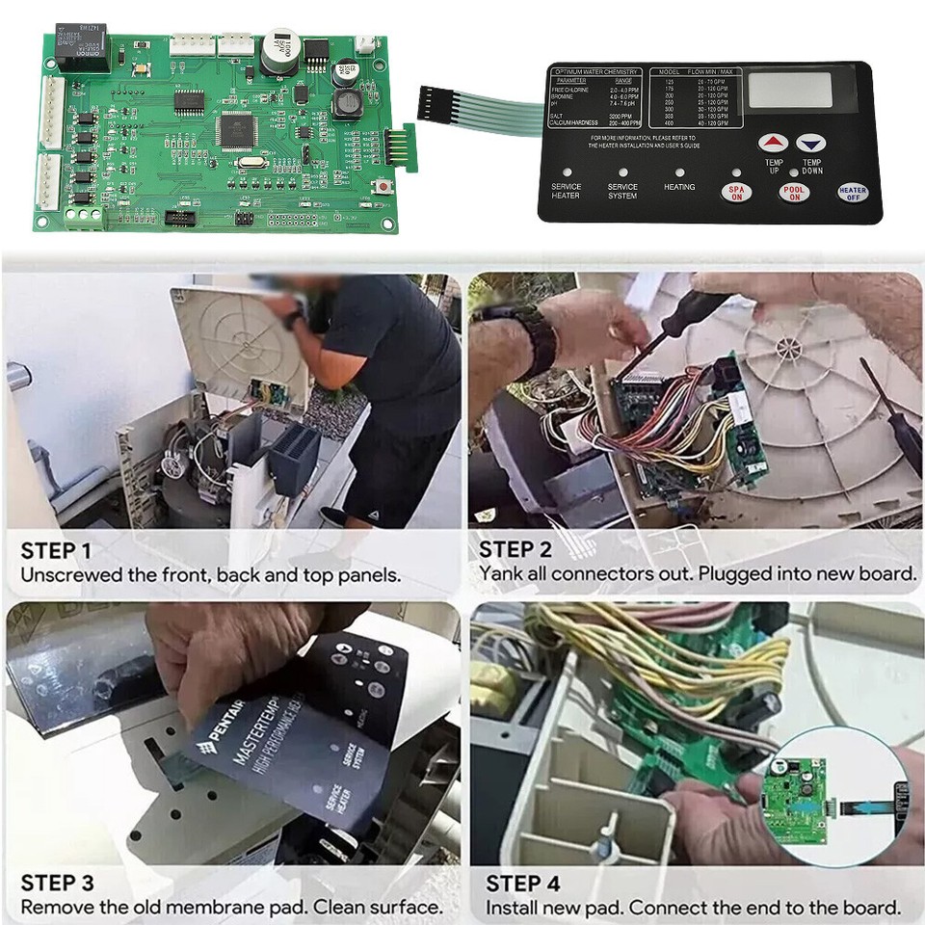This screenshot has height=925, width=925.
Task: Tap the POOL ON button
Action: (x=792, y=191)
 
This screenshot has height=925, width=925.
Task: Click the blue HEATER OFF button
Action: (x=852, y=192)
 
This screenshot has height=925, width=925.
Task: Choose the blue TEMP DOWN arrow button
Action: (x=812, y=144)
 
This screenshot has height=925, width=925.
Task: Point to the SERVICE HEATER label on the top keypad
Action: (x=566, y=192)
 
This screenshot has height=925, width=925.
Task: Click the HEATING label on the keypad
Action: (x=679, y=187)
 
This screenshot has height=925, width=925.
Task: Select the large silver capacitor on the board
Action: (x=277, y=49)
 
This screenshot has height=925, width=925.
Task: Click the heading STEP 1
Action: (x=56, y=551)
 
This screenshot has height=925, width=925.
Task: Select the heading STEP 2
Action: (x=515, y=550)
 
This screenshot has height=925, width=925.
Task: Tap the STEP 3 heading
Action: (x=57, y=883)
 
